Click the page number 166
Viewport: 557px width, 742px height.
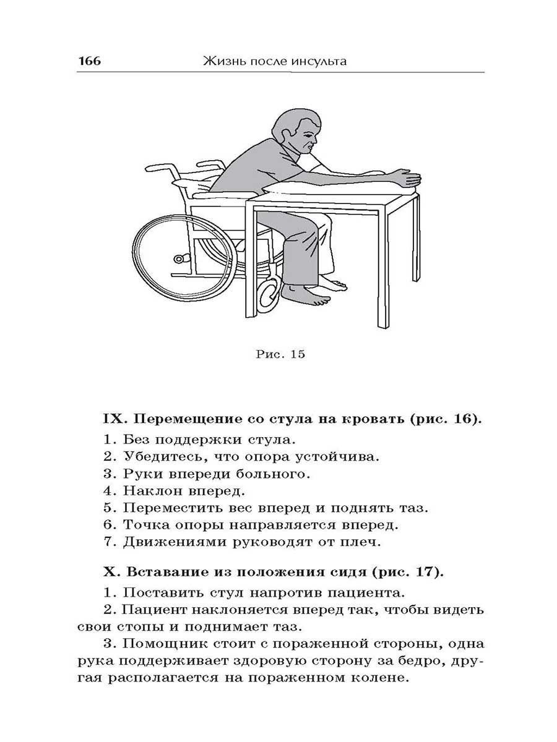tap(89, 61)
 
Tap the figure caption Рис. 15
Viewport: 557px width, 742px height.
tap(280, 354)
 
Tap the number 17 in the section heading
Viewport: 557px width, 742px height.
tap(428, 571)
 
